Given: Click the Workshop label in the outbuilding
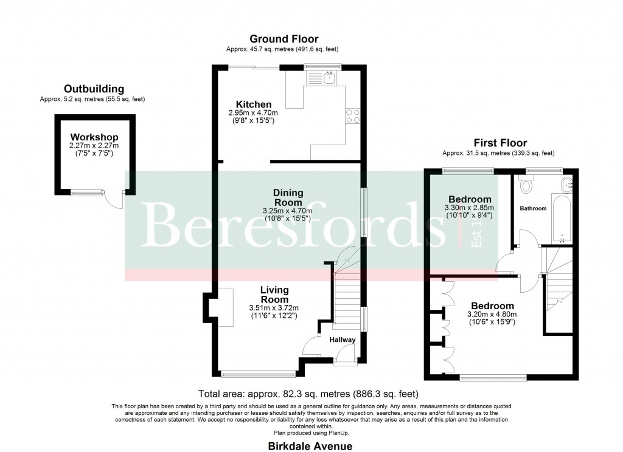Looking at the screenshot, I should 94,137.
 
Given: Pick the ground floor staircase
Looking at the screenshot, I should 346,298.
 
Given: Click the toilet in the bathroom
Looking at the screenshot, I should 527,184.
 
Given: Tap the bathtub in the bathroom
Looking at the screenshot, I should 561,217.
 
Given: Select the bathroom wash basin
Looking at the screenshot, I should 567,183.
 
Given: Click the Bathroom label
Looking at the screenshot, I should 532,208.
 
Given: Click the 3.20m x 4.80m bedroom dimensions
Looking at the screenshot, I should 491,314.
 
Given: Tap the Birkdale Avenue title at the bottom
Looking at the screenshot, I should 310,445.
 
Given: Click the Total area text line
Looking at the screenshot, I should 308,394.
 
